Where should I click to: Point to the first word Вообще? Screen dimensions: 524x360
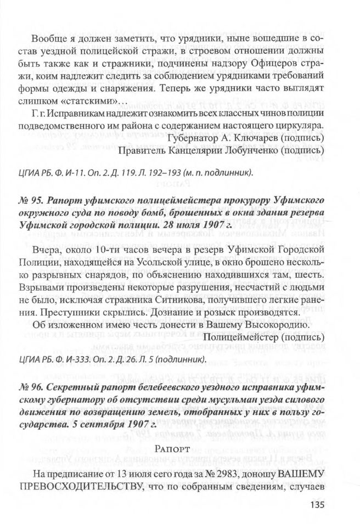coord(48,40)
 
